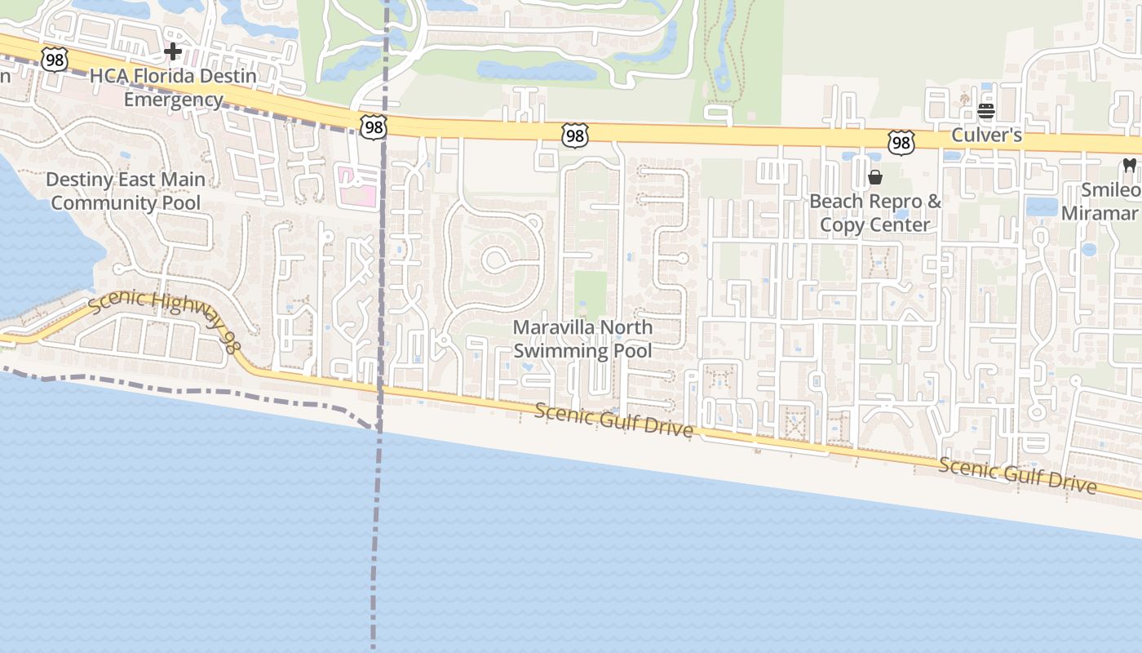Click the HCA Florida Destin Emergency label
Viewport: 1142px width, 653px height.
(173, 87)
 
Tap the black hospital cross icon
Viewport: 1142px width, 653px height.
(172, 52)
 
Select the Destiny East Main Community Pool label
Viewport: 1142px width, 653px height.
(126, 191)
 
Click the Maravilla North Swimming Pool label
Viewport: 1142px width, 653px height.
(582, 339)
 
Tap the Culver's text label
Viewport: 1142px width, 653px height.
(986, 135)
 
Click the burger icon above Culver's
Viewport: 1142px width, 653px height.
(986, 111)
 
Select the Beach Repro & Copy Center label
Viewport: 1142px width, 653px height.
(874, 213)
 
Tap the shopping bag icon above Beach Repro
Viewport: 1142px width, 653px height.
(875, 177)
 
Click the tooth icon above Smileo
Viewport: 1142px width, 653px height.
(1130, 165)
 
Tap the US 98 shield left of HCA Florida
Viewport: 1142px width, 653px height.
(54, 59)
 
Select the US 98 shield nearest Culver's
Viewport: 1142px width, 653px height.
(901, 144)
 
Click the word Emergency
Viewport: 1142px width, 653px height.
(173, 100)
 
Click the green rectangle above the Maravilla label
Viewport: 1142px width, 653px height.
(591, 294)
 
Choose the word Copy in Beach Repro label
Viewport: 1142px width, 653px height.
(841, 224)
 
